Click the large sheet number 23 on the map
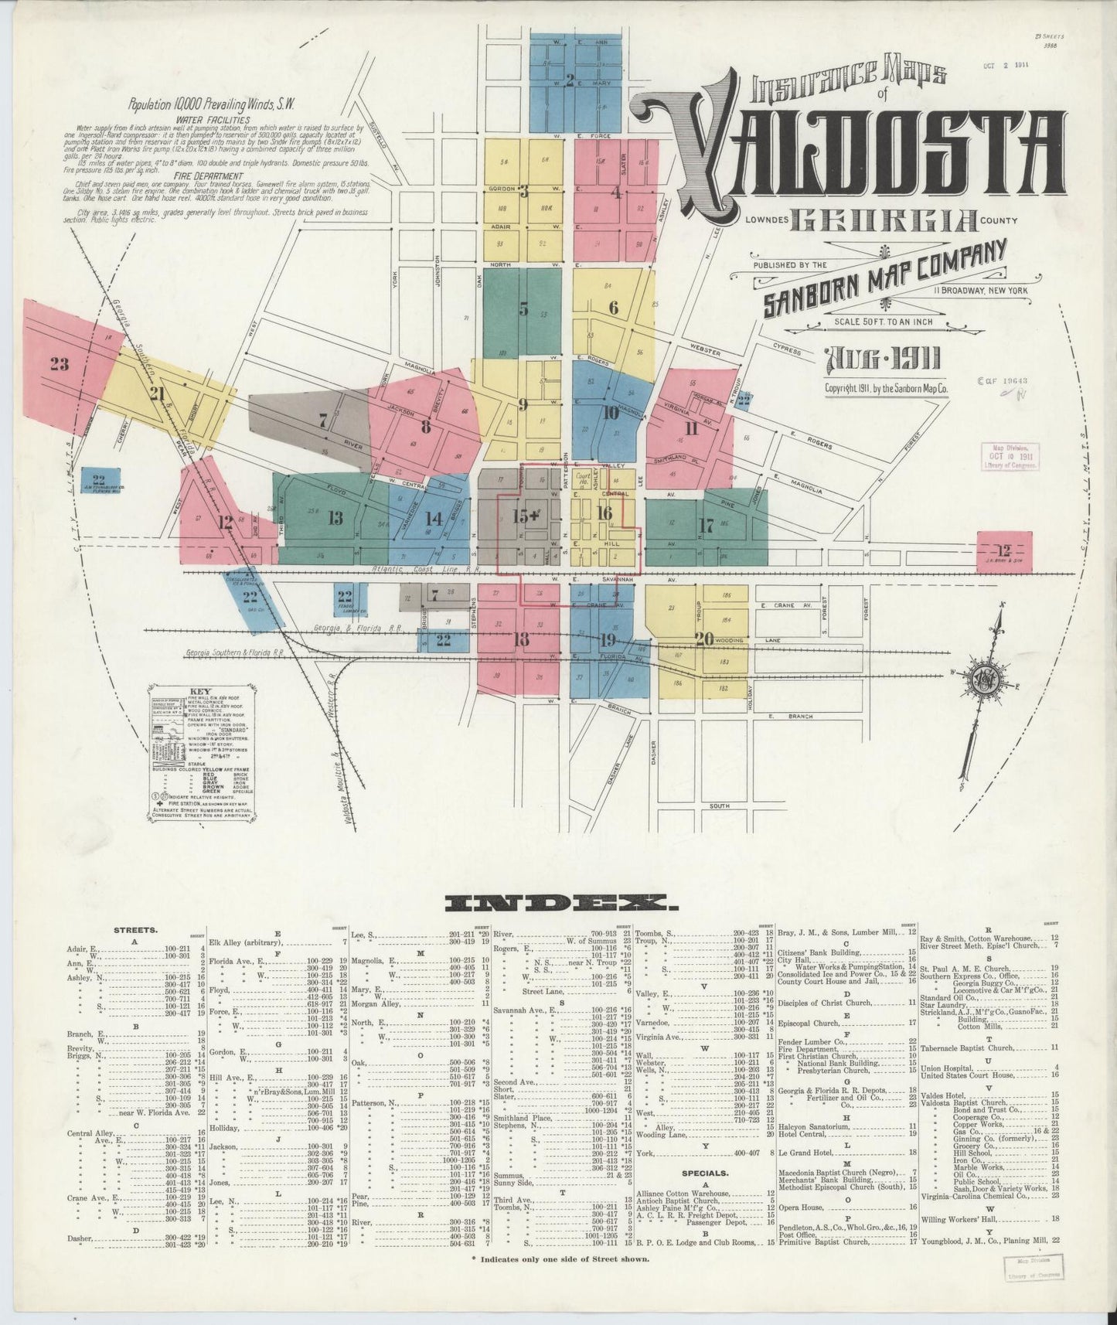pos(59,364)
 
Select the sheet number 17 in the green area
pos(705,526)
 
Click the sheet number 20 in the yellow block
pos(703,639)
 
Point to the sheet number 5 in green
pos(523,308)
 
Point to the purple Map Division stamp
pos(1010,457)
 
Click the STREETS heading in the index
pos(136,932)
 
